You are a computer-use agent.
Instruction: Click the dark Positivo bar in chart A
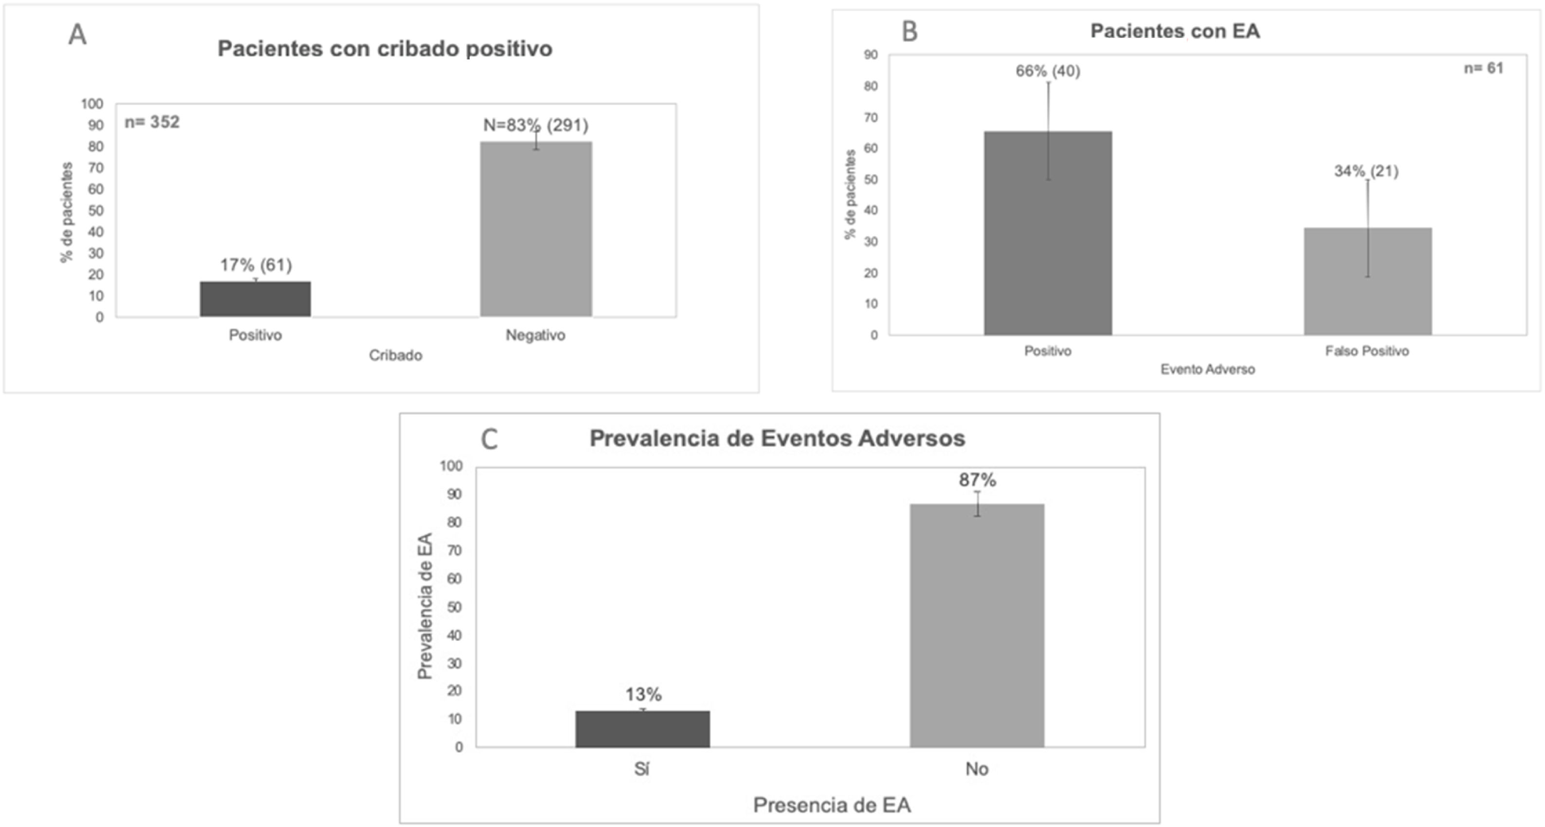[255, 299]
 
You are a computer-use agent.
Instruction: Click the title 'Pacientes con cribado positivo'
[384, 49]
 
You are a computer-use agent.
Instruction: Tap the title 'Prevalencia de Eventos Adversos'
[777, 438]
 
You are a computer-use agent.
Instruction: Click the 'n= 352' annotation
[152, 122]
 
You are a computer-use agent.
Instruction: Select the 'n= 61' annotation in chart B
[1483, 68]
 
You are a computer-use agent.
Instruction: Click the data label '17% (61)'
[255, 264]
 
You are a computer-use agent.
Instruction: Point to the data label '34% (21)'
[1365, 171]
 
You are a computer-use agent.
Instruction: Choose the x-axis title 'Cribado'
[395, 355]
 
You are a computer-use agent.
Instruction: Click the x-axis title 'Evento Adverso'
[1207, 369]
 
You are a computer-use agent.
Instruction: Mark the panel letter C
[490, 439]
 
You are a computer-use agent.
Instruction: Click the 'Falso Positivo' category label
[1366, 351]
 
